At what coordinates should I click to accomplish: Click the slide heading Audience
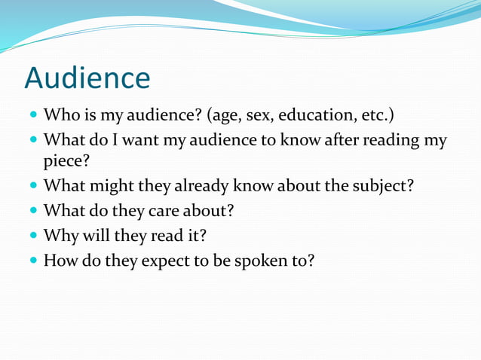(x=87, y=78)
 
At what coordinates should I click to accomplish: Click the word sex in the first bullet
(x=256, y=117)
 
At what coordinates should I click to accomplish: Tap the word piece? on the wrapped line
(x=66, y=160)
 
